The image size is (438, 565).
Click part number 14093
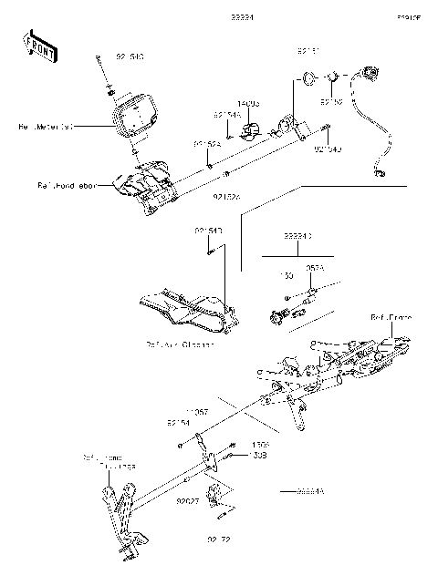[249, 105]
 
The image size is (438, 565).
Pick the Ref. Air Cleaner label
[179, 344]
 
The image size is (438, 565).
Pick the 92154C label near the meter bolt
[130, 56]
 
